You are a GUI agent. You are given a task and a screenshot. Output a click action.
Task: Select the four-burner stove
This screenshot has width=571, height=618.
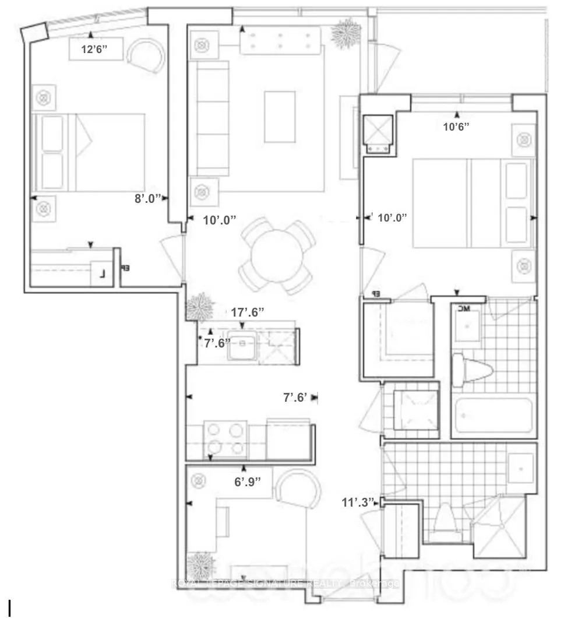point(224,439)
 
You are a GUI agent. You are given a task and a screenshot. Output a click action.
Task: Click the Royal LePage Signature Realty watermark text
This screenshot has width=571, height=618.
point(285,583)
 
